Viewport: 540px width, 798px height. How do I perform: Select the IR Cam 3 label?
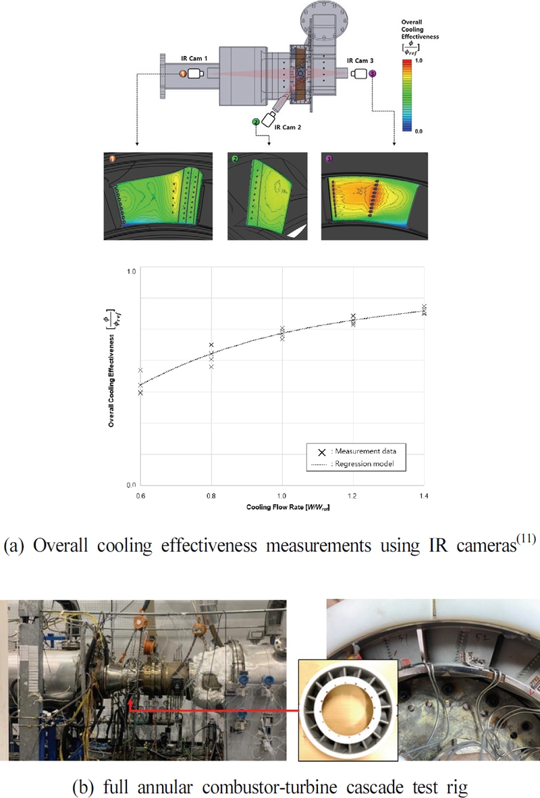359,61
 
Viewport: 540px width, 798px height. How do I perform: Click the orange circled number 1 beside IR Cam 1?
183,73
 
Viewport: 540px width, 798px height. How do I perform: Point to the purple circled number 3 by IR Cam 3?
373,73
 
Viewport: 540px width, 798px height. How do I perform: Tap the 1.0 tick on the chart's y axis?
131,271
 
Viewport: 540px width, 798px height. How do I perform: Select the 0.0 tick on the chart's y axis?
131,485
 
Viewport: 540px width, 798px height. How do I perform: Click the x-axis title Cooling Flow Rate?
282,506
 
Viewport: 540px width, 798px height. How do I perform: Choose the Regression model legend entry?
360,464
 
